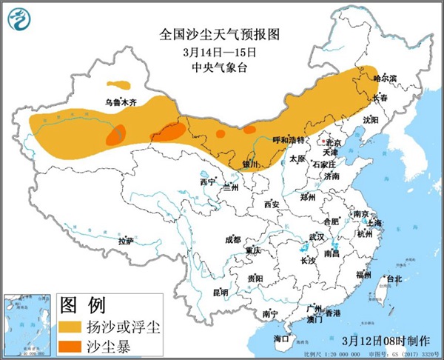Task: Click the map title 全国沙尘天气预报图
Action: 221,35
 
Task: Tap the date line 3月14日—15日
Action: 221,52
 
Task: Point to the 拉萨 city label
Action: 125,241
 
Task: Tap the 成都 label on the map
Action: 232,239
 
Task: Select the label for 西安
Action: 272,204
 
